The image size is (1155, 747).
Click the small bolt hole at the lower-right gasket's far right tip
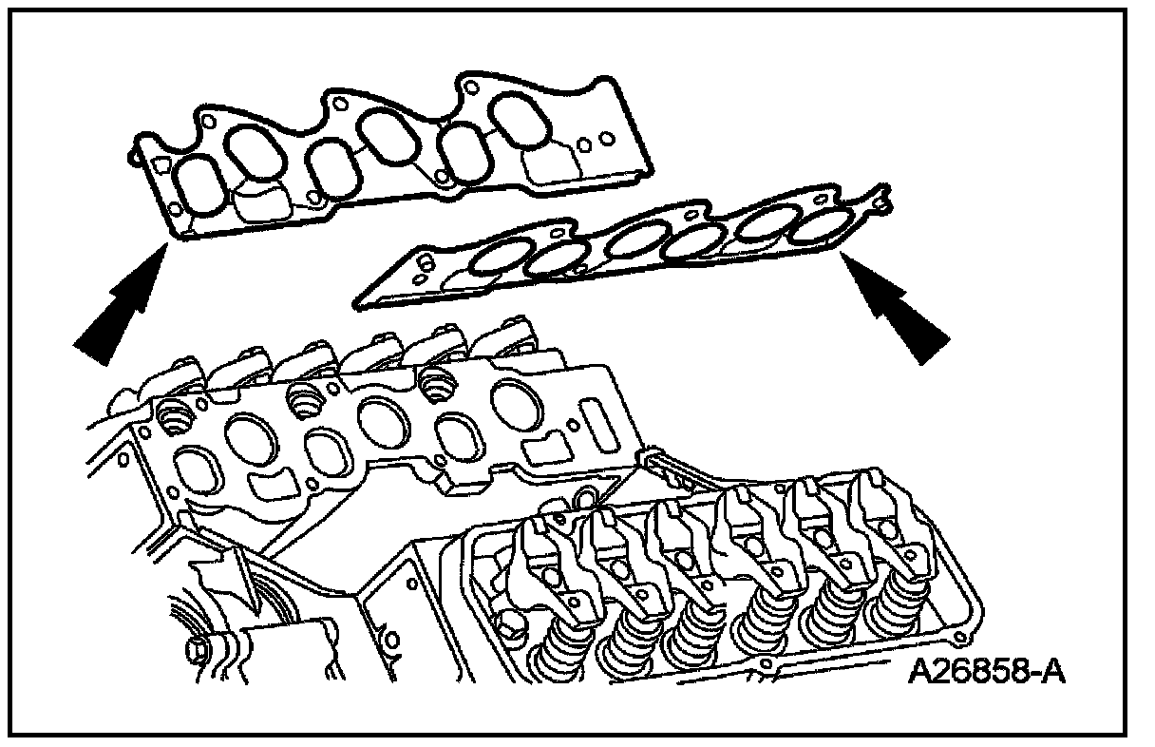[884, 201]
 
